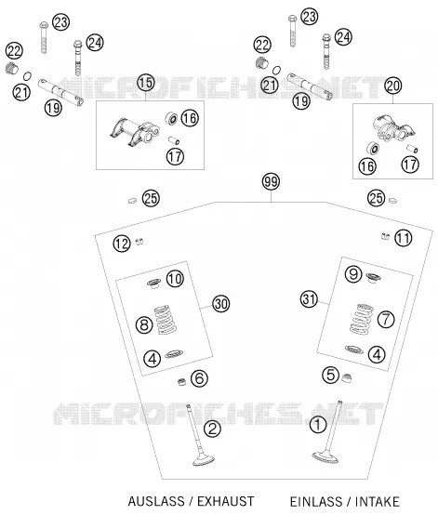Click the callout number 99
pyautogui.click(x=272, y=181)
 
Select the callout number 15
pyautogui.click(x=146, y=83)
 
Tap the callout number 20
pyautogui.click(x=393, y=86)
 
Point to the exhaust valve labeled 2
pyautogui.click(x=199, y=435)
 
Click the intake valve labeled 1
pyautogui.click(x=328, y=433)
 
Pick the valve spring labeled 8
pyautogui.click(x=166, y=320)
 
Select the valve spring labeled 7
pyautogui.click(x=362, y=319)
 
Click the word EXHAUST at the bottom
pyautogui.click(x=225, y=502)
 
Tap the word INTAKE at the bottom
pyautogui.click(x=378, y=502)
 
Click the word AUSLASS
pyautogui.click(x=156, y=502)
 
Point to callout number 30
pyautogui.click(x=220, y=304)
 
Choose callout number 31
pyautogui.click(x=309, y=299)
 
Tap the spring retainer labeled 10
pyautogui.click(x=153, y=284)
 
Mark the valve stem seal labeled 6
pyautogui.click(x=181, y=382)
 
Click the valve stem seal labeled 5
pyautogui.click(x=347, y=377)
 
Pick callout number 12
pyautogui.click(x=122, y=244)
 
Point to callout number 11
pyautogui.click(x=404, y=238)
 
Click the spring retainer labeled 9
pyautogui.click(x=373, y=278)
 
